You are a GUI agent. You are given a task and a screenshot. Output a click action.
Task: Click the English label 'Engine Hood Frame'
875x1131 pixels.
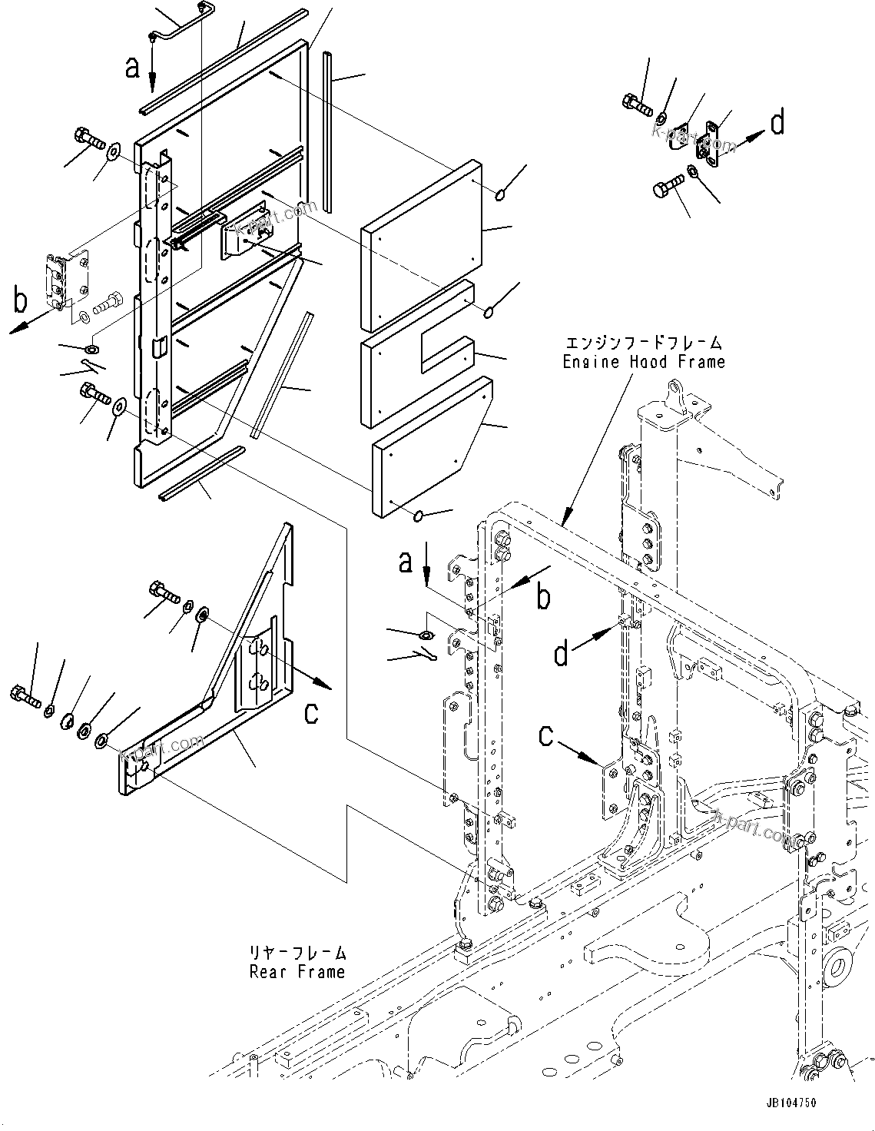click(643, 361)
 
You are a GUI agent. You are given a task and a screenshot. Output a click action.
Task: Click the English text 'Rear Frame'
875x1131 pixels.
click(297, 972)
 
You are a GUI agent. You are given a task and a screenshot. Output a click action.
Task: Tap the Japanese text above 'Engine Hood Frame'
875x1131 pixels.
click(643, 343)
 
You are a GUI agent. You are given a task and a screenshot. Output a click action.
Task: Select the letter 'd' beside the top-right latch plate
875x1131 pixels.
click(777, 123)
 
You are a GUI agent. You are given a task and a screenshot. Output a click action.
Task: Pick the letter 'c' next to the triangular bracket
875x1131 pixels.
click(310, 712)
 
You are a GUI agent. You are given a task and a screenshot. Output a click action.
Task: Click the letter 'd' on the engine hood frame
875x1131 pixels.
click(563, 654)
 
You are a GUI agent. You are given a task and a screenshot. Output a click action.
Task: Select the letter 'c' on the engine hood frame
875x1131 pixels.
click(546, 736)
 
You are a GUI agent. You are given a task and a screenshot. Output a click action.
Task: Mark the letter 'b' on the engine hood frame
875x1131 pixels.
click(543, 597)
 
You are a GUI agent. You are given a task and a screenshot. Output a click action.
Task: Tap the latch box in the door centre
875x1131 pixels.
click(248, 227)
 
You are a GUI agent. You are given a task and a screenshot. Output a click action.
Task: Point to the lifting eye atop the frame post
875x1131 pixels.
click(674, 395)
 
